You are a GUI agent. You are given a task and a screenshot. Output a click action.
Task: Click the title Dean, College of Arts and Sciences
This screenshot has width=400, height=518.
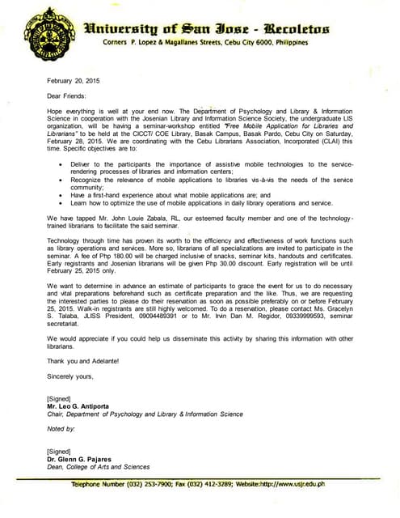tap(98, 466)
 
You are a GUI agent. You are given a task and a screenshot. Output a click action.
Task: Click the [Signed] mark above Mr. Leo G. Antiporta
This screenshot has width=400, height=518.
tap(59, 398)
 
